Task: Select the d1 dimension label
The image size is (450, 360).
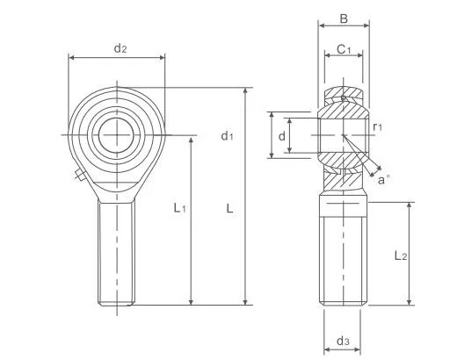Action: (227, 135)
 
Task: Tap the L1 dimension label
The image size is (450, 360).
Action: (178, 208)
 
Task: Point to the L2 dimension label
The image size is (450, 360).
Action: (399, 256)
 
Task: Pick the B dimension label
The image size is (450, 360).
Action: (344, 18)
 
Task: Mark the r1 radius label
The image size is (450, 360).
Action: (377, 128)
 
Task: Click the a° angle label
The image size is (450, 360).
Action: (384, 179)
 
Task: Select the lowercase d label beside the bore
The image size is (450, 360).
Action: (281, 136)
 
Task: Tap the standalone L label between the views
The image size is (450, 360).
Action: (229, 208)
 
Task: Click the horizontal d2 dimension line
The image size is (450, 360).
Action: (116, 59)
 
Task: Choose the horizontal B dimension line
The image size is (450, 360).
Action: (344, 29)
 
